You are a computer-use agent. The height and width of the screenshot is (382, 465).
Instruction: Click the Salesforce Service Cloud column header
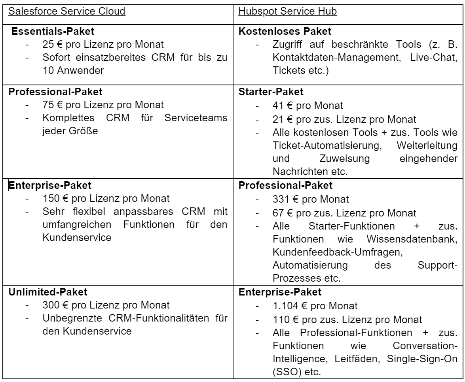[67, 11]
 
